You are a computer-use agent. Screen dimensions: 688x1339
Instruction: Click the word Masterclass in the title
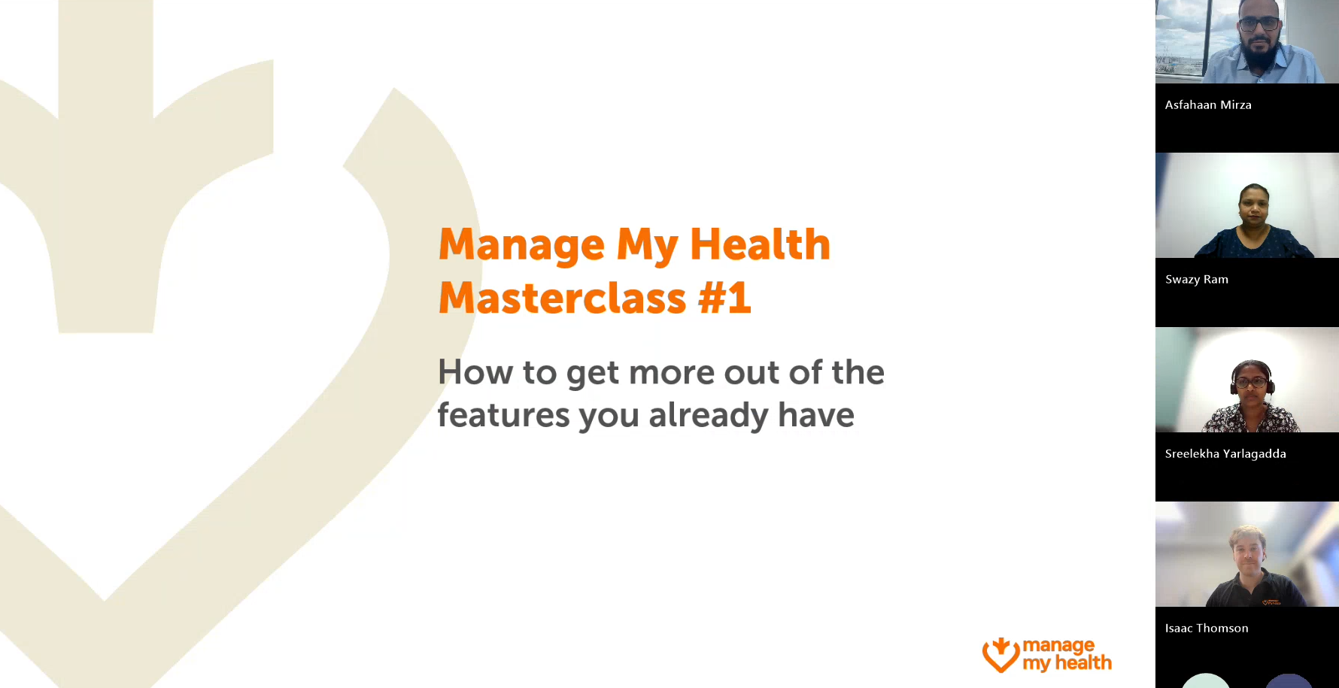coord(562,298)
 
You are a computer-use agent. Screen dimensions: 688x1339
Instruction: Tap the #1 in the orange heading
coord(724,298)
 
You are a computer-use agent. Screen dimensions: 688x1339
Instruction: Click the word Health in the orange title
coord(760,244)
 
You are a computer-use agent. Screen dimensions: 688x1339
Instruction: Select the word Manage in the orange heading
coord(521,245)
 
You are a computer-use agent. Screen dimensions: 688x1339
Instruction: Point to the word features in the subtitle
coord(503,415)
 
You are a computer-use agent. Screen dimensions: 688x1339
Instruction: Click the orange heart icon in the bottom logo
coord(1000,655)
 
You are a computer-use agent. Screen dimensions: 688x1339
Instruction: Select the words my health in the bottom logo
coord(1067,663)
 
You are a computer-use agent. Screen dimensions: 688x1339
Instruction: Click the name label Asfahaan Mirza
coord(1208,105)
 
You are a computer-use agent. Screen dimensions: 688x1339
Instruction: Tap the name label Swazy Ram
coord(1197,280)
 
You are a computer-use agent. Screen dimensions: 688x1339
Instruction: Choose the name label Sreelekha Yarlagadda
coord(1225,454)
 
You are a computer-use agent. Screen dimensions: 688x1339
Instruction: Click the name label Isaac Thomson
coord(1207,629)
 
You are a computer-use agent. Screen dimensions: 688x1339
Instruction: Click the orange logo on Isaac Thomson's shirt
coord(1271,602)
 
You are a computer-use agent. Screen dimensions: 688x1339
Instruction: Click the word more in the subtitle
coord(671,373)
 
